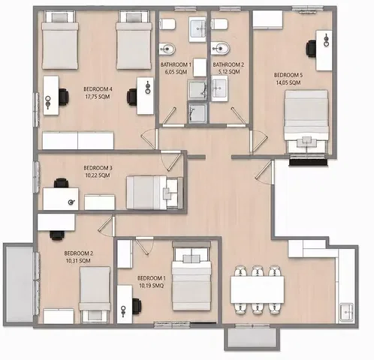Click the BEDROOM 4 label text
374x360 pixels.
(98, 89)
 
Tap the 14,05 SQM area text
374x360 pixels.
(288, 82)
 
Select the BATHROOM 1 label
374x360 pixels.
(176, 64)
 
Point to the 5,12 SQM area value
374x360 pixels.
(229, 72)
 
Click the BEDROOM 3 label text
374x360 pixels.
(98, 168)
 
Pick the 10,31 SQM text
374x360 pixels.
(78, 261)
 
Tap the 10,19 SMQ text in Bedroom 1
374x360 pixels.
(152, 286)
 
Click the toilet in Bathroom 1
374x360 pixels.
(167, 24)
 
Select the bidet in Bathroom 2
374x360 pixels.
(220, 48)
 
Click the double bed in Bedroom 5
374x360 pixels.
(306, 121)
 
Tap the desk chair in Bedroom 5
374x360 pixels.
(311, 48)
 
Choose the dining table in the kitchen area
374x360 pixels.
(257, 289)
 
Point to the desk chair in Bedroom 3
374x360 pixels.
(62, 183)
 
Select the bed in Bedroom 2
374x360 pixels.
(95, 295)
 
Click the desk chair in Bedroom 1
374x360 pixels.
(137, 306)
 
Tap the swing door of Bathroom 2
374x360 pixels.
(238, 115)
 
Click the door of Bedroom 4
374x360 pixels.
(149, 139)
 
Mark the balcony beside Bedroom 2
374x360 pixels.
(20, 283)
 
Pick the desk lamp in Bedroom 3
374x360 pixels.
(72, 202)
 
